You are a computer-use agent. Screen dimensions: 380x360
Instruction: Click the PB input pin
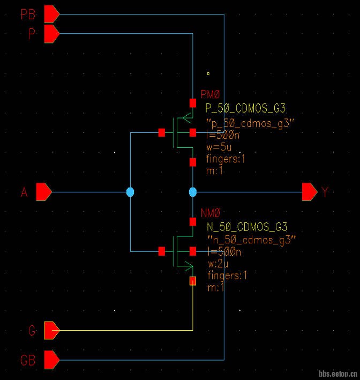pyautogui.click(x=51, y=14)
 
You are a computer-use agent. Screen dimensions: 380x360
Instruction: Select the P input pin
pyautogui.click(x=51, y=34)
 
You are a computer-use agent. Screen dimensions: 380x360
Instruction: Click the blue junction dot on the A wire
pyautogui.click(x=130, y=191)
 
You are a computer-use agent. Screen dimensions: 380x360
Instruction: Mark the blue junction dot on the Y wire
pyautogui.click(x=193, y=191)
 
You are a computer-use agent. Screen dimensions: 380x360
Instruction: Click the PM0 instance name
pyautogui.click(x=211, y=94)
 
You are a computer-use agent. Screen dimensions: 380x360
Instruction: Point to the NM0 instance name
pyautogui.click(x=211, y=213)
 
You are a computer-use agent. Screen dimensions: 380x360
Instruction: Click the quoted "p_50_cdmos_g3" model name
pyautogui.click(x=250, y=123)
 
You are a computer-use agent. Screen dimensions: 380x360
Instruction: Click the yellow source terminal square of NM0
pyautogui.click(x=193, y=281)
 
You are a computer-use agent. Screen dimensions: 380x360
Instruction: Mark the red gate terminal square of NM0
pyautogui.click(x=161, y=251)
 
